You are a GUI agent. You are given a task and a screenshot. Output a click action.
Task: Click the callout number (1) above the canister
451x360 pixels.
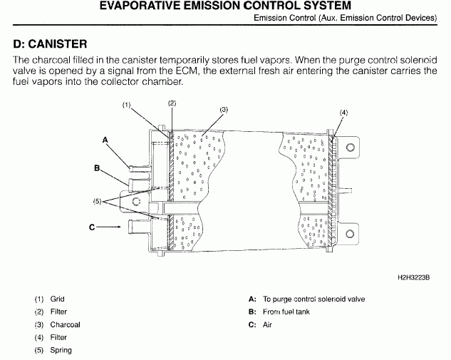(x=128, y=106)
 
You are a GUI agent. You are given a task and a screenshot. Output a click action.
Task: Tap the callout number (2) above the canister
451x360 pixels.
(x=172, y=103)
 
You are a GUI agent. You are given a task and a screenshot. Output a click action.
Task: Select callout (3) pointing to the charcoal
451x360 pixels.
(x=223, y=110)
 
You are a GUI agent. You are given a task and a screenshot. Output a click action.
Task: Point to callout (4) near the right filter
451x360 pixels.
(x=344, y=113)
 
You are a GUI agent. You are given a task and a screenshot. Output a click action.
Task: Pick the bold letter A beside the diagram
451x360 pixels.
(x=104, y=140)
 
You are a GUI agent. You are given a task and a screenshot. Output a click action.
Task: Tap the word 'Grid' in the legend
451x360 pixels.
(x=57, y=299)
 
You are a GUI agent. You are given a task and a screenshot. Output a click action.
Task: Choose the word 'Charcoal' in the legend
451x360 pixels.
(x=65, y=324)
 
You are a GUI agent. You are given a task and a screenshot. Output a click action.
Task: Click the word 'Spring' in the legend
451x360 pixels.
(x=61, y=350)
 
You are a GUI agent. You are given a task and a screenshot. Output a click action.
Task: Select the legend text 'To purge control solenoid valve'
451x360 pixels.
(x=313, y=299)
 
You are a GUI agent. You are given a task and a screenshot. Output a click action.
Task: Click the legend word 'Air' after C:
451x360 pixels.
(x=268, y=325)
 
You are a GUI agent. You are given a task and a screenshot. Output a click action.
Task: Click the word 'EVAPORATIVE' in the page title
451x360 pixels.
(x=144, y=6)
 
